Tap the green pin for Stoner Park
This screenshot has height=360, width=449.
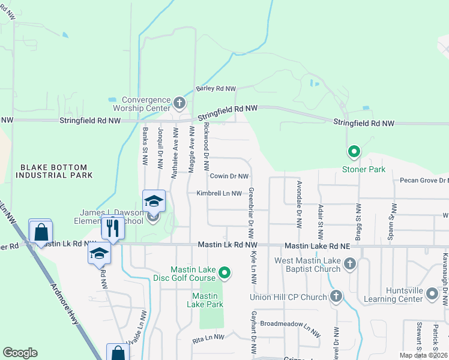(354, 152)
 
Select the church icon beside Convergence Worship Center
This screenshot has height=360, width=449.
(179, 103)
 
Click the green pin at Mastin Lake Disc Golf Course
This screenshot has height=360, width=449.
(224, 274)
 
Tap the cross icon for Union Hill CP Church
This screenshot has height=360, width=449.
(336, 296)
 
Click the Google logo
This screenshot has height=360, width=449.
(20, 353)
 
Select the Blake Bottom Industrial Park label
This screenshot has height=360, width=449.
(54, 170)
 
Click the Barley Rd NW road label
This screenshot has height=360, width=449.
(216, 88)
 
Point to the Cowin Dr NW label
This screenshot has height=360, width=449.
(229, 176)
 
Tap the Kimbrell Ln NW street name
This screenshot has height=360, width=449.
(218, 193)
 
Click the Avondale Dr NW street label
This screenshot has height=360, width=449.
(298, 205)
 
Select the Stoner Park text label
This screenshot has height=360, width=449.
(364, 170)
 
